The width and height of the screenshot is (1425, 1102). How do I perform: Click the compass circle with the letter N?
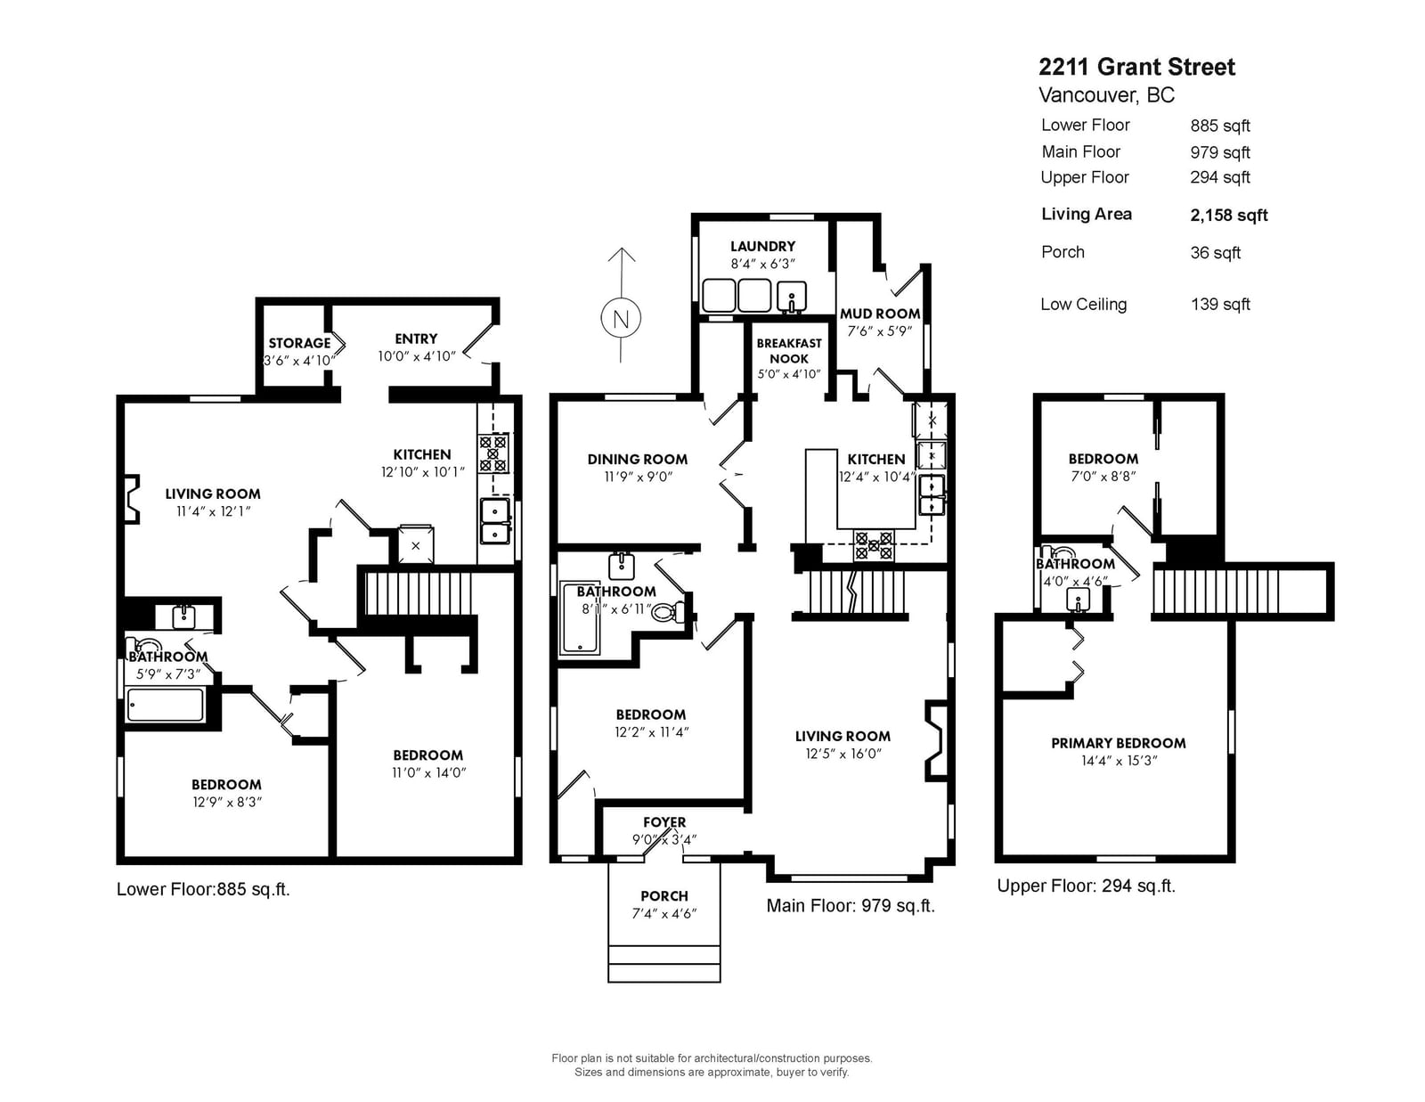pos(621,318)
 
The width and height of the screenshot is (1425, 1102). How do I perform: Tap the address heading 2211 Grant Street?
pos(1136,67)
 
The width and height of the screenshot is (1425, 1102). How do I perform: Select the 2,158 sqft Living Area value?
pos(1229,216)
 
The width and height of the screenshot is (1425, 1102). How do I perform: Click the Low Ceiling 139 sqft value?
pos(1220,305)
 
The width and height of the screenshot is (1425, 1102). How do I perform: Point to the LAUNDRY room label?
pos(762,247)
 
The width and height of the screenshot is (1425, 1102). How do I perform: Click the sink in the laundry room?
pos(792,297)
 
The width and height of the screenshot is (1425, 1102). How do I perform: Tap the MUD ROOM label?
pos(879,314)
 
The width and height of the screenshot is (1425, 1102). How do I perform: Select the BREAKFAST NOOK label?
pos(789,351)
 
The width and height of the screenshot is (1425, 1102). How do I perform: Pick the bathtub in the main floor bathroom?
pos(581,618)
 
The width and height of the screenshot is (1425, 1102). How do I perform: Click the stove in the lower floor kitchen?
pos(493,453)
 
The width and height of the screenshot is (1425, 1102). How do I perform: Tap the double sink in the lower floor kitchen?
pos(495,521)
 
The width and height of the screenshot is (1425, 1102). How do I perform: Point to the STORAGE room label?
pos(299,343)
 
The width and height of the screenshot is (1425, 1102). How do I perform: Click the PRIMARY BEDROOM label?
pos(1118,743)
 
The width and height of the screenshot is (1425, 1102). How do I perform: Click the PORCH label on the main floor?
pos(664,896)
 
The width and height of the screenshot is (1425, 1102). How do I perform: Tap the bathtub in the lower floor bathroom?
pos(166,705)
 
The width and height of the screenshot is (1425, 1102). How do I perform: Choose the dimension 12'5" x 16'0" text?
pos(843,754)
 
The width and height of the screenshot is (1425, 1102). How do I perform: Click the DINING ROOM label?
pos(638,460)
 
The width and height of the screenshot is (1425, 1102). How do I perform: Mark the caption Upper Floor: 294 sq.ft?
pos(1086,886)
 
